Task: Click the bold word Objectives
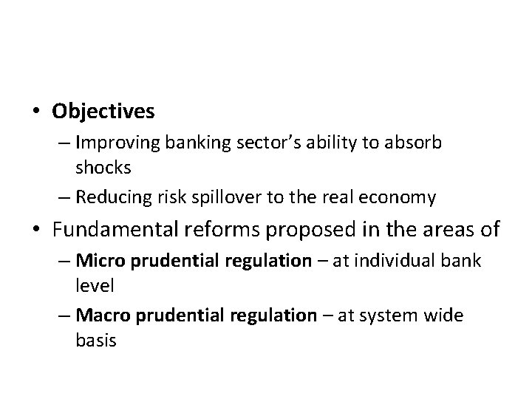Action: click(x=103, y=112)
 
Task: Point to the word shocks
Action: click(x=103, y=168)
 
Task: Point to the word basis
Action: click(x=95, y=341)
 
